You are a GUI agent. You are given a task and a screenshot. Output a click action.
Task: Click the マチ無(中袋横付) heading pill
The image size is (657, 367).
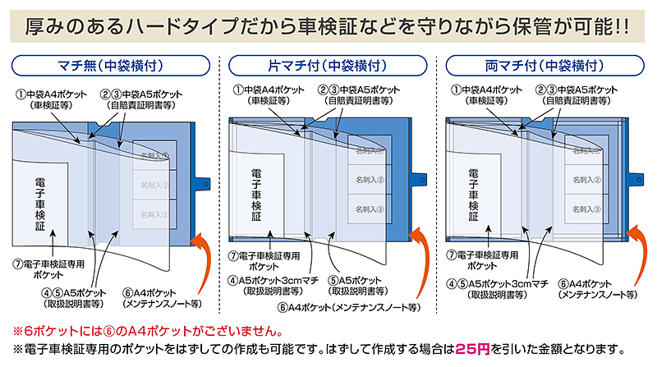pos(108,64)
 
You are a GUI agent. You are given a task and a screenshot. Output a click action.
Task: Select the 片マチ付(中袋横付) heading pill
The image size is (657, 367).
pos(328,64)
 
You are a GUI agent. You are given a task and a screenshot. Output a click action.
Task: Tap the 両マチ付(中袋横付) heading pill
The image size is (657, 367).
pos(548,64)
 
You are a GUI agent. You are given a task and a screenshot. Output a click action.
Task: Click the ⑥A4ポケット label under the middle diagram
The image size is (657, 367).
pos(348,307)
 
